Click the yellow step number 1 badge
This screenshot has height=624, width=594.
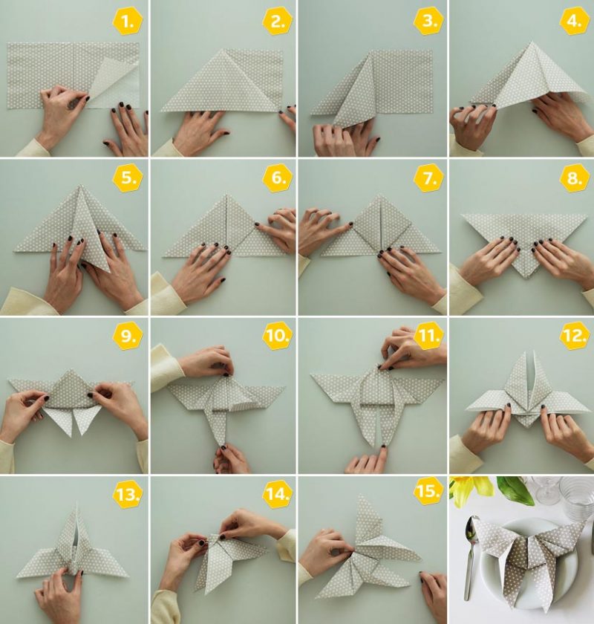click(128, 22)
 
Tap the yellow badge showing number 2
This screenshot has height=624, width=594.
click(278, 22)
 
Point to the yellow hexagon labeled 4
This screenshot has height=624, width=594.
click(575, 22)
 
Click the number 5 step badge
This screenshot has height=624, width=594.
click(128, 178)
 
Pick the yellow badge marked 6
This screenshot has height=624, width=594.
click(278, 178)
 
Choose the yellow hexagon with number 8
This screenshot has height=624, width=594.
click(575, 178)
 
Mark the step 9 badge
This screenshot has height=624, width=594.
click(128, 336)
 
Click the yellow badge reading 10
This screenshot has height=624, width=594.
click(278, 336)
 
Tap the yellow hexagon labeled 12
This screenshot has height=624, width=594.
click(575, 336)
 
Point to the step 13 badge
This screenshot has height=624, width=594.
click(128, 493)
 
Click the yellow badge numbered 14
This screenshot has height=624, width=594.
click(278, 493)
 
